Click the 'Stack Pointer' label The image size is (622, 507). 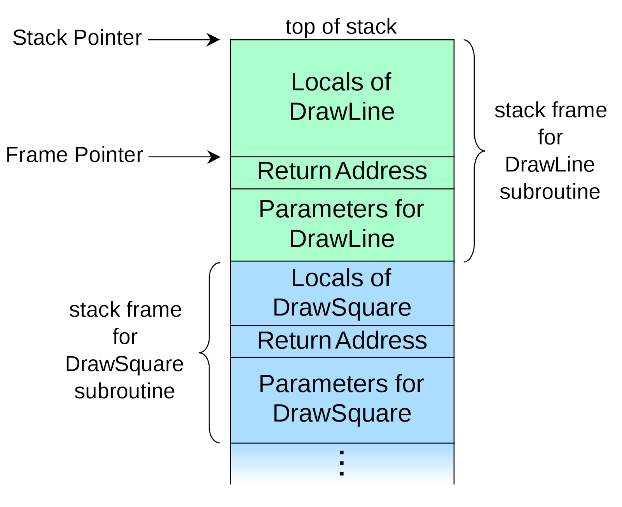point(77,38)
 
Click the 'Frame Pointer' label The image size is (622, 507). point(74,155)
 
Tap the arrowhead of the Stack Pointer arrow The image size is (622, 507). point(214,40)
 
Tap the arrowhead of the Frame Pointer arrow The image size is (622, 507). point(214,157)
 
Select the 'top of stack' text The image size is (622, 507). point(341,27)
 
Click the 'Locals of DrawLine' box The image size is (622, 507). point(342,97)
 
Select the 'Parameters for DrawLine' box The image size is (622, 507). point(342,224)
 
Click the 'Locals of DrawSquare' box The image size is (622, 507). point(342,293)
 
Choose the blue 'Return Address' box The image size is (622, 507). point(342,341)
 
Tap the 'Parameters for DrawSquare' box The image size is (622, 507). point(342,399)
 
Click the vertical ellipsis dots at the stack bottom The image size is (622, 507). point(342,463)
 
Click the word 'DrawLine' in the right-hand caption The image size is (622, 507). point(550,165)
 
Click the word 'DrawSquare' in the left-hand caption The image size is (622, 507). point(124,364)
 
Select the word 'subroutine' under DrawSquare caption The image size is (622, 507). point(124,391)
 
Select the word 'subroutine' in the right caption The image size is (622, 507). point(550,192)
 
